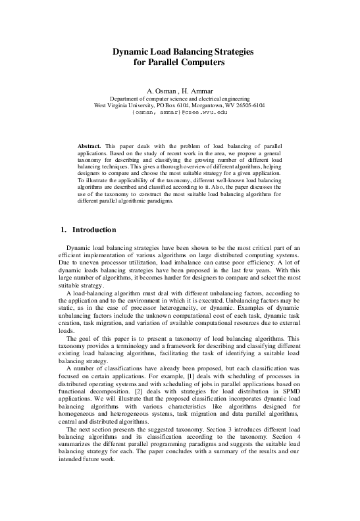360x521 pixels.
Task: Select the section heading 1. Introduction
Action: click(x=88, y=230)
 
